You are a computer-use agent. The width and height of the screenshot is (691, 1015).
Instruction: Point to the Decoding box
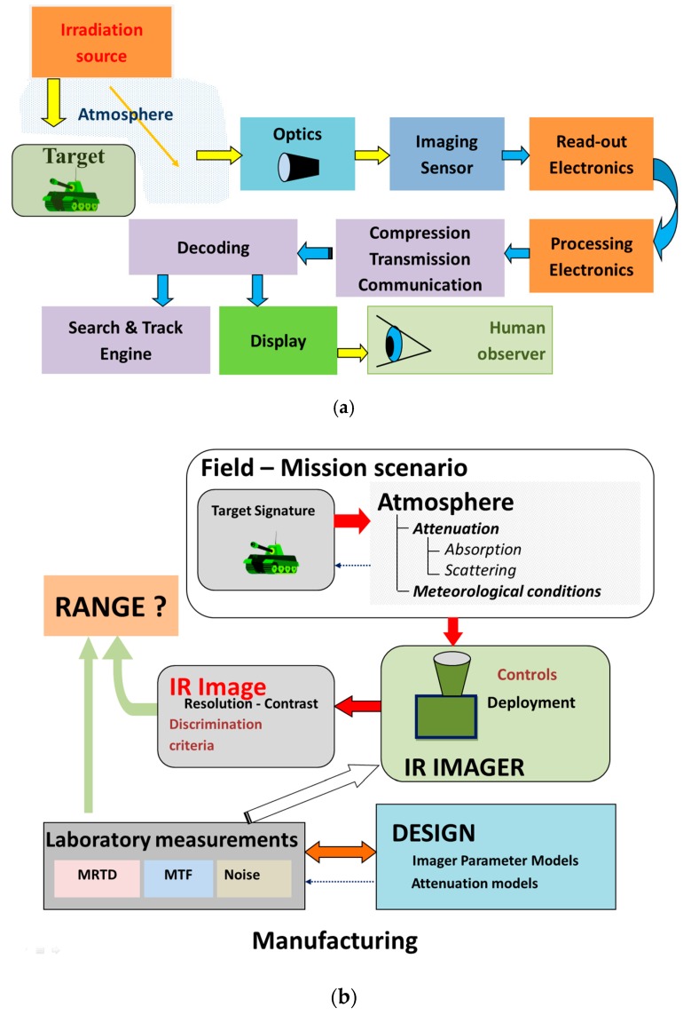[213, 246]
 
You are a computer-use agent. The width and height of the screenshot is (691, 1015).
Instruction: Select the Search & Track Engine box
[125, 339]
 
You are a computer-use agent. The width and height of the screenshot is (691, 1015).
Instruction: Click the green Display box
[278, 340]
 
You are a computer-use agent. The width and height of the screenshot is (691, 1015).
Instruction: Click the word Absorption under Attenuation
[483, 548]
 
